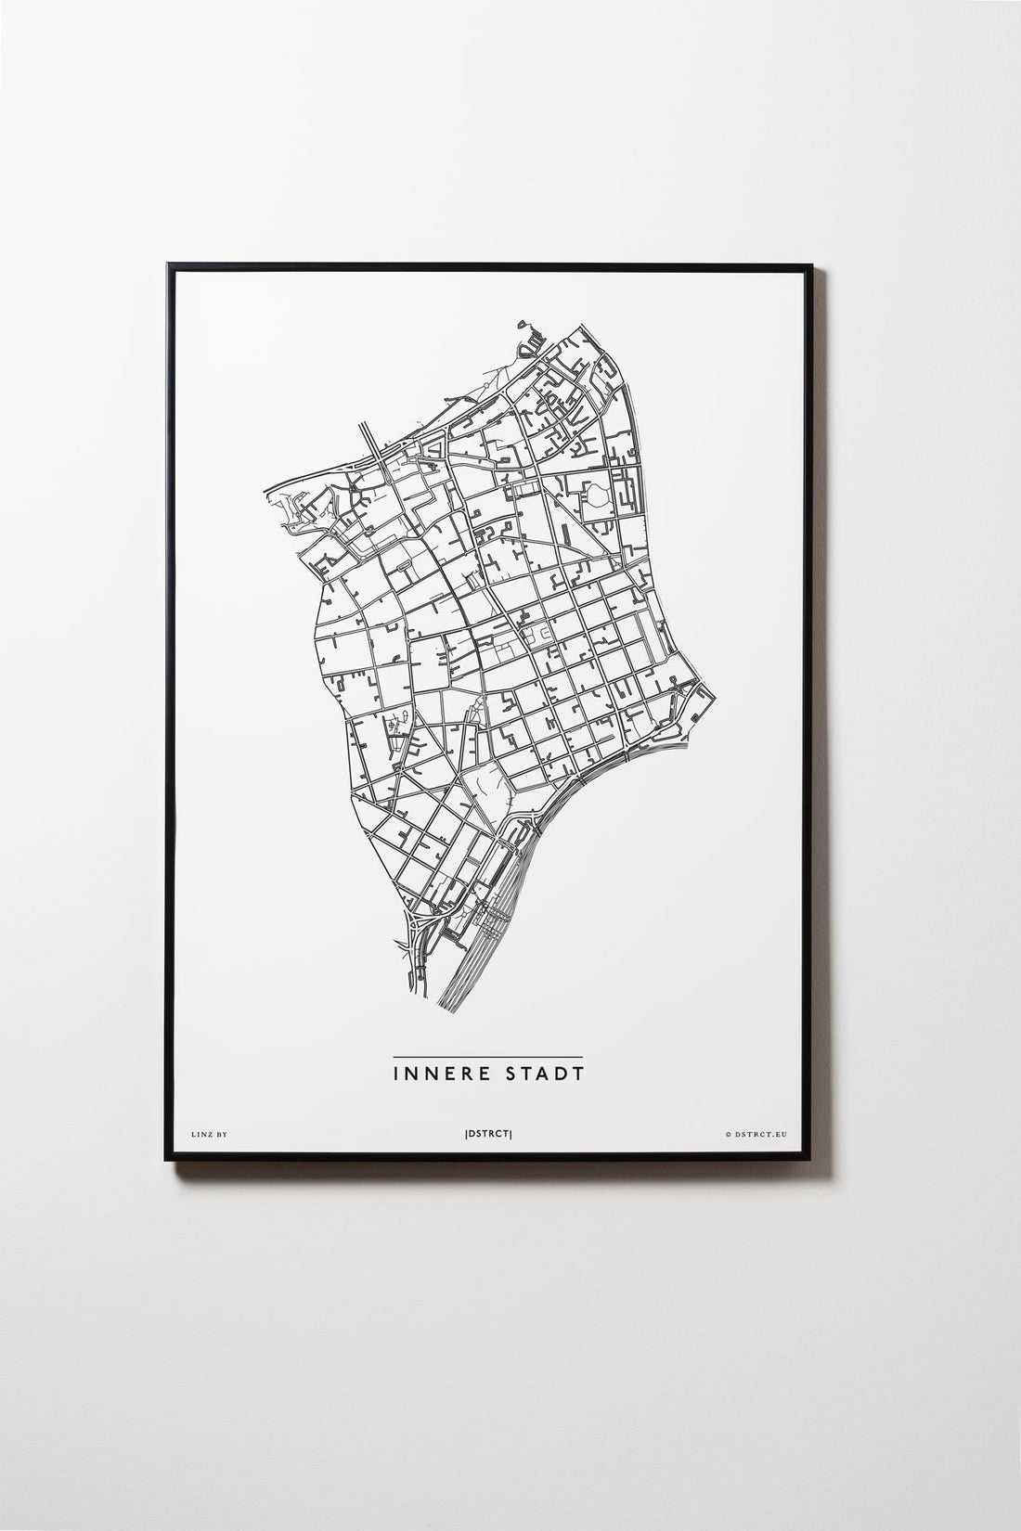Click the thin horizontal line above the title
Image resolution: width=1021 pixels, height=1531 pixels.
click(487, 1057)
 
